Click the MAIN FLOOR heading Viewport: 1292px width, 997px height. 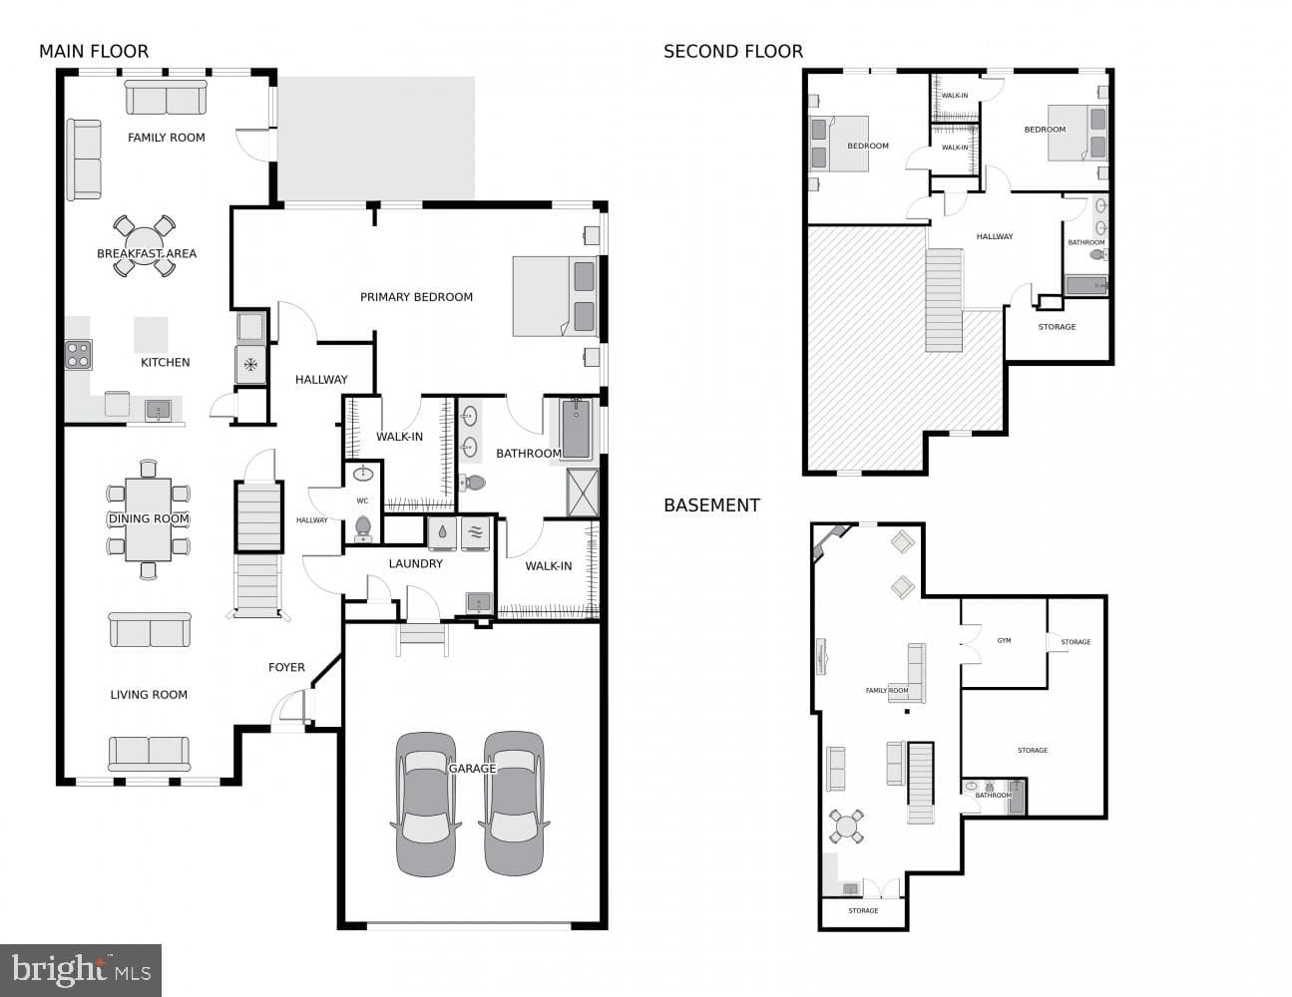tap(94, 52)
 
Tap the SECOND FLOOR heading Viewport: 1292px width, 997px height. tap(733, 52)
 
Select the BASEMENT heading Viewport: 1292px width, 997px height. tap(711, 505)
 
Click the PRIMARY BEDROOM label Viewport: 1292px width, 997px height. tap(416, 297)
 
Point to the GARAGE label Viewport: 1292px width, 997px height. tap(472, 769)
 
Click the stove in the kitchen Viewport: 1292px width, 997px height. tap(79, 355)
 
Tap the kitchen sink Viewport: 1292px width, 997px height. tap(159, 410)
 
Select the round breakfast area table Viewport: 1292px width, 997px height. tap(145, 245)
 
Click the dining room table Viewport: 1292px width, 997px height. tap(149, 519)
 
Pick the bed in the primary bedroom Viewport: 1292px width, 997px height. tap(556, 296)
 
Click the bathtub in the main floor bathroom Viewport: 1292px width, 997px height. tap(576, 429)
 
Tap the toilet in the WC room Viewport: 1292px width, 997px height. tap(363, 527)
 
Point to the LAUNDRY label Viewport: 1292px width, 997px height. tap(416, 564)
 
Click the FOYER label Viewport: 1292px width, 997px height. tap(286, 667)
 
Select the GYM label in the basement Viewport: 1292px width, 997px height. tap(1005, 640)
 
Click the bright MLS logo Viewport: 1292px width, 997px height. tap(81, 969)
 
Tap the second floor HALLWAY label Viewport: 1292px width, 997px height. tap(995, 236)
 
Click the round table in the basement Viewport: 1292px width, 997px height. tap(846, 826)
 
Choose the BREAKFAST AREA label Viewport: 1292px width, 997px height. tap(147, 253)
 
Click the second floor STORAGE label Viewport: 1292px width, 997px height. tap(1058, 327)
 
